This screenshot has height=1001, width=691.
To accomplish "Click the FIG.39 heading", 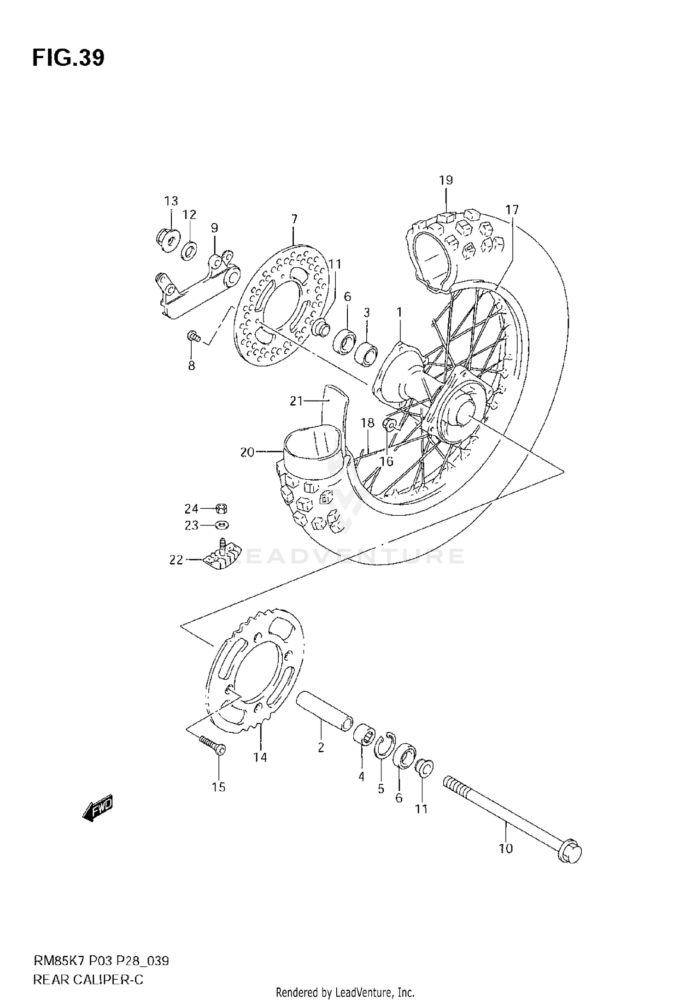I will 68,58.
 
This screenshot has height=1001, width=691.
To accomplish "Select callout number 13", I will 171,201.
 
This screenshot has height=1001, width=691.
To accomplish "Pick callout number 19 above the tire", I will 446,180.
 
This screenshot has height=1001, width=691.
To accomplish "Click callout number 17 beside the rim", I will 511,210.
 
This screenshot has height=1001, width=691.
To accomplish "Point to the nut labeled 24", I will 222,509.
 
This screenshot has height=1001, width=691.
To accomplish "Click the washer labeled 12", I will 189,251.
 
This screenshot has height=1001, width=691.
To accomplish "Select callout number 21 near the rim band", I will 296,401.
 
